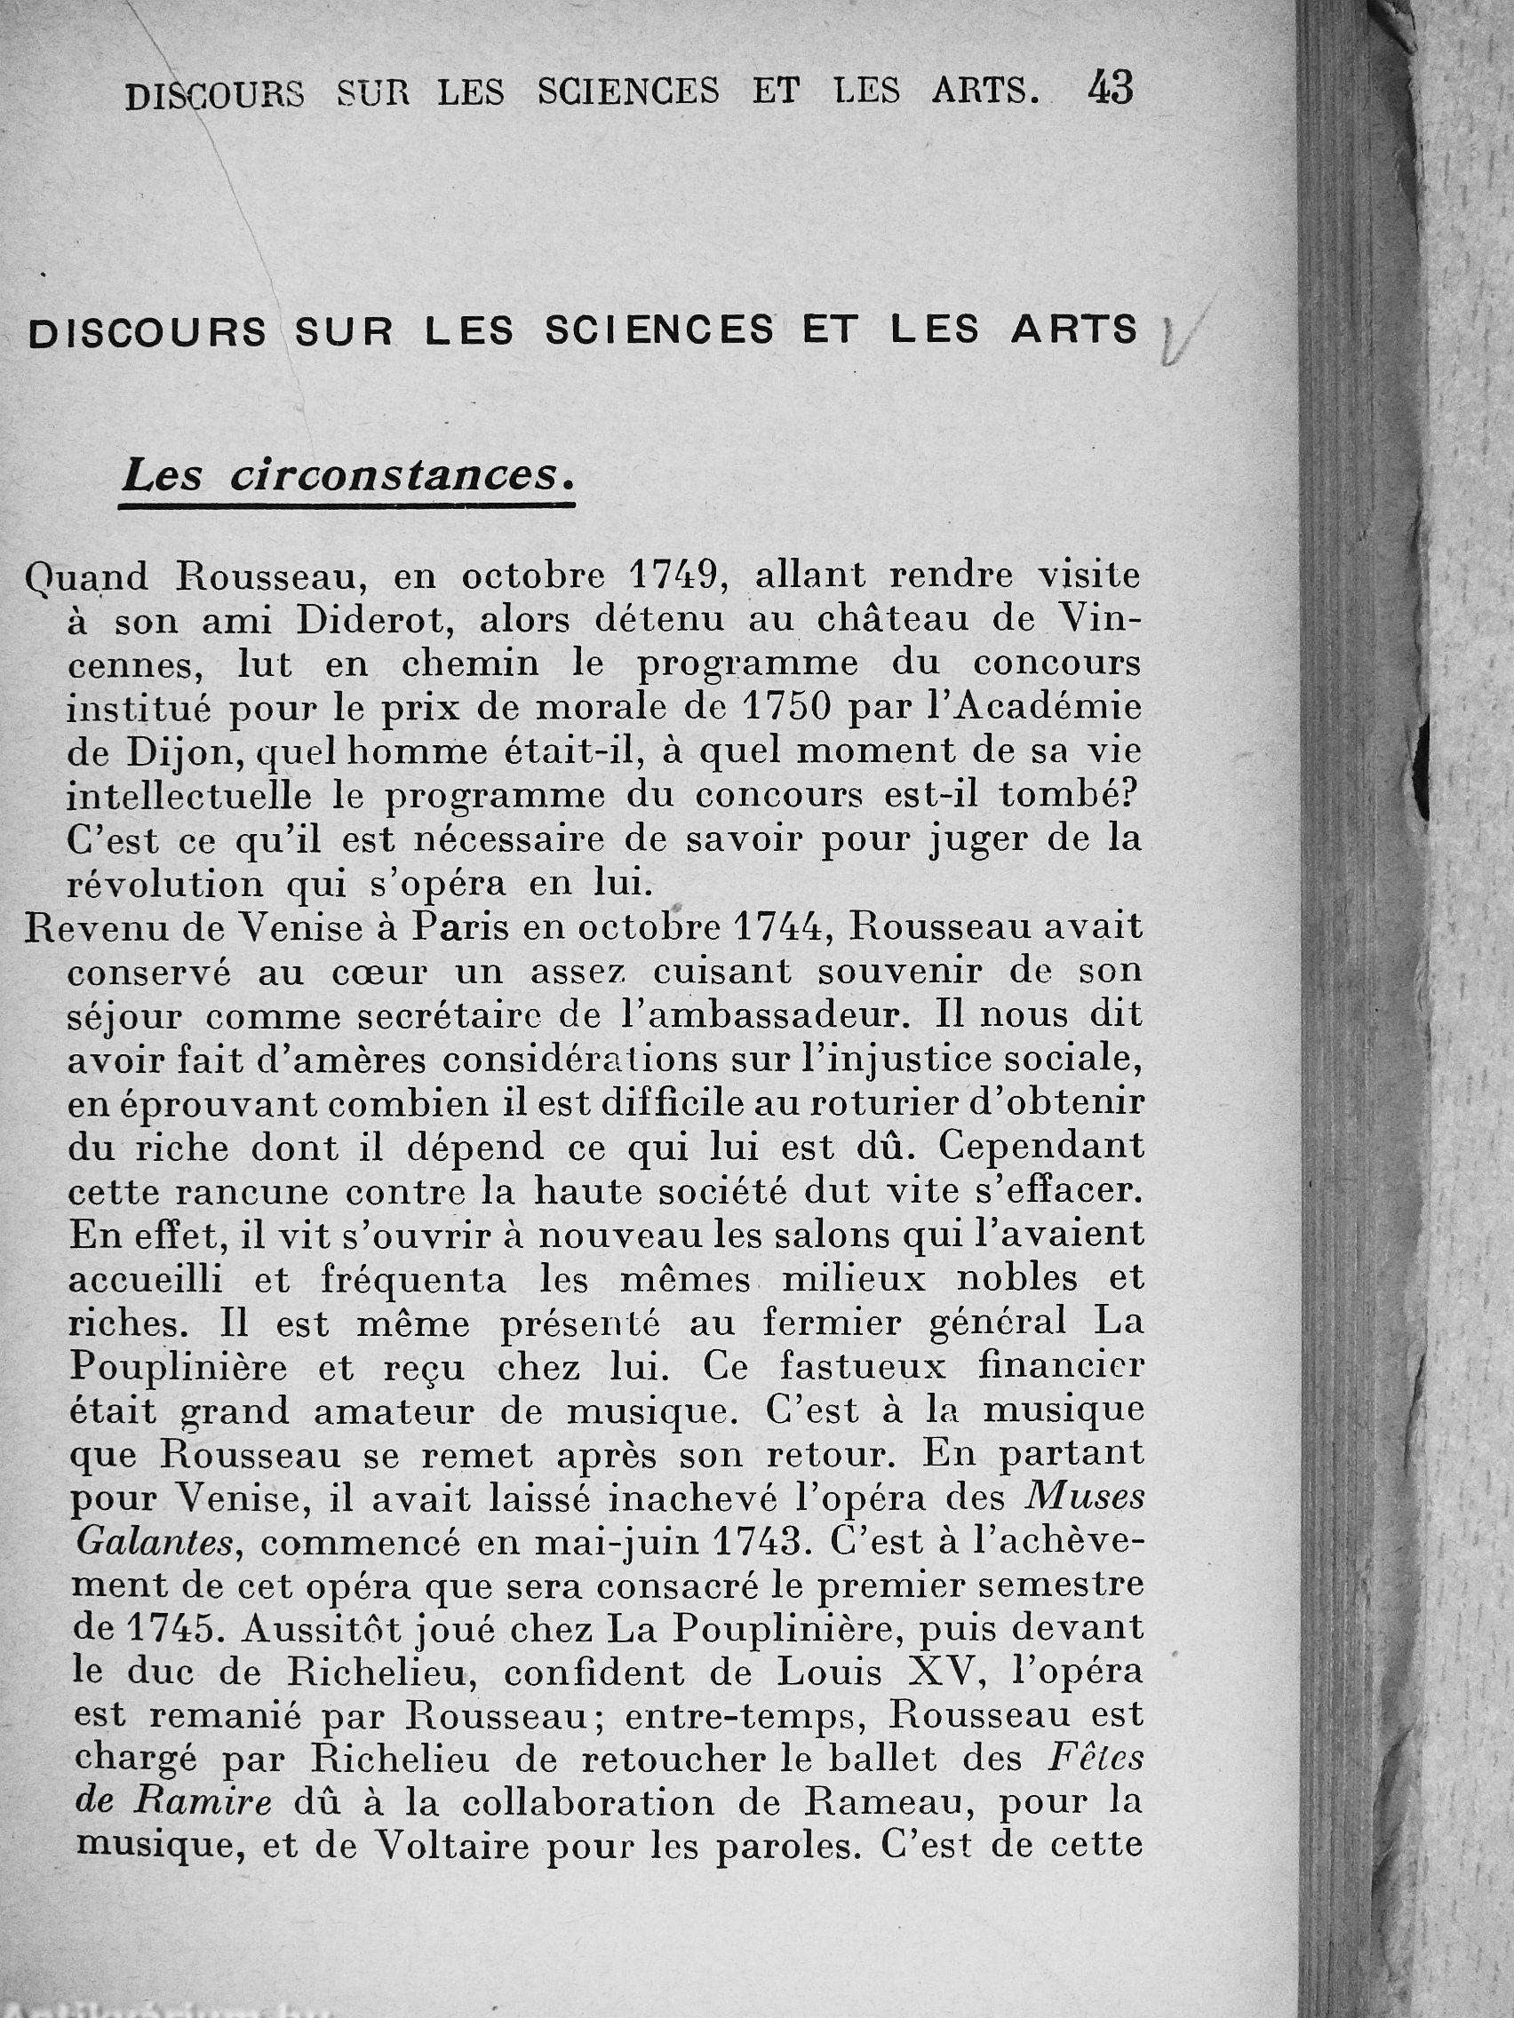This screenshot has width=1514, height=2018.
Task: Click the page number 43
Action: pyautogui.click(x=1110, y=90)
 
